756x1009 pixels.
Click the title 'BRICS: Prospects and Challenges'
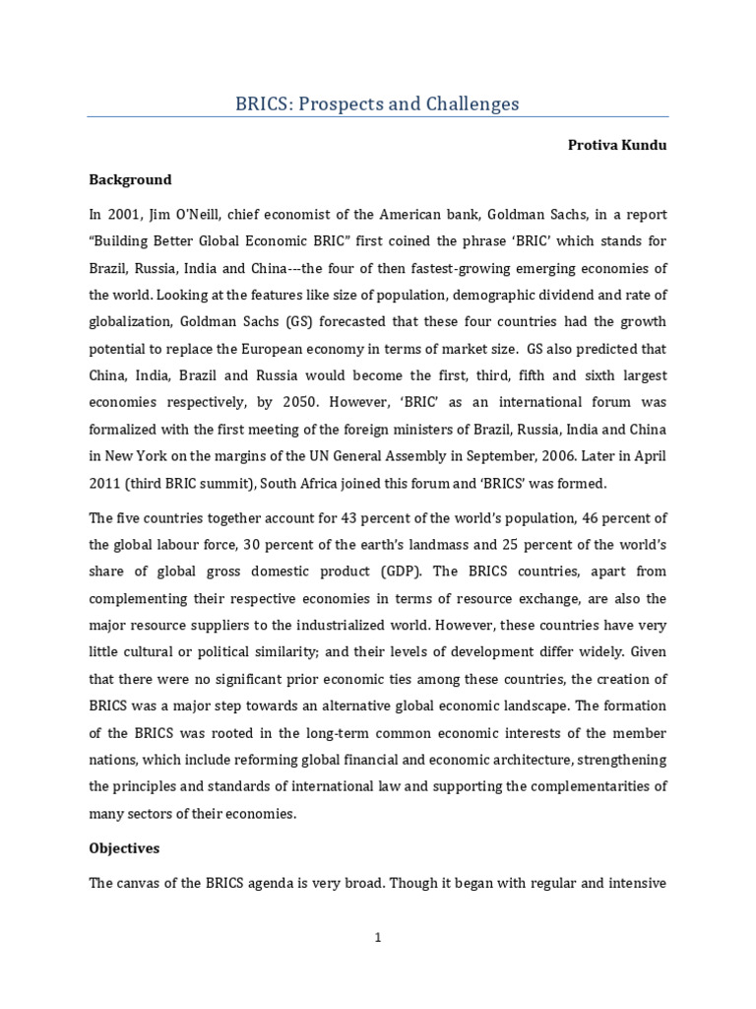pos(377,103)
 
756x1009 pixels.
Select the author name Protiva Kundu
pos(617,145)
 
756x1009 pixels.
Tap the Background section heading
pos(130,179)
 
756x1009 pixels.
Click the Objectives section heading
pos(124,847)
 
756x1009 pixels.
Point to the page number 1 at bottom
pos(377,938)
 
